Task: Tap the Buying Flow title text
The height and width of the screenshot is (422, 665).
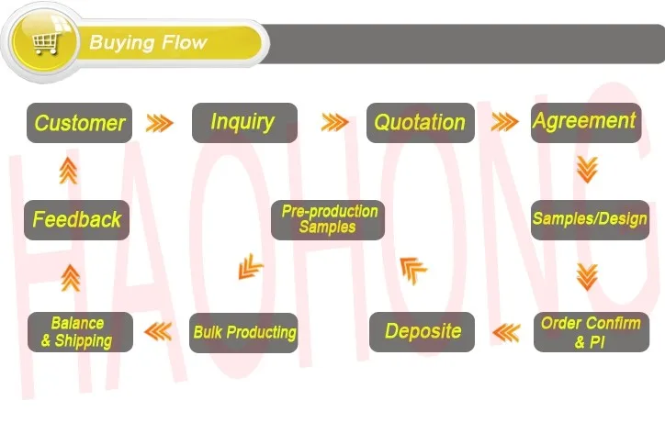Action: (x=148, y=43)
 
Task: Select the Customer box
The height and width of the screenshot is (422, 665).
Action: (x=79, y=123)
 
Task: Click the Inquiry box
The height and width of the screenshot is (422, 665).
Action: (x=244, y=123)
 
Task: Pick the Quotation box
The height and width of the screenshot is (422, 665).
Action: (x=421, y=123)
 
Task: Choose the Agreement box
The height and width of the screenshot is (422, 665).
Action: (x=586, y=123)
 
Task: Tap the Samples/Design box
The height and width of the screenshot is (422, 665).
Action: (x=590, y=220)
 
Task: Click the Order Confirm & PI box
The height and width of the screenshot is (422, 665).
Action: (x=592, y=332)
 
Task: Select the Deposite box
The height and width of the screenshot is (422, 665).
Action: (x=422, y=332)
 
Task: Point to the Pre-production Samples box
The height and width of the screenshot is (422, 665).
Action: (x=328, y=220)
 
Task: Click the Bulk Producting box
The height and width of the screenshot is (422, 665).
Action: (x=243, y=333)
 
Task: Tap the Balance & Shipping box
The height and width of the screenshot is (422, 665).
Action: (x=80, y=332)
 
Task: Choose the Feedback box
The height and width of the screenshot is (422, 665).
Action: (x=77, y=220)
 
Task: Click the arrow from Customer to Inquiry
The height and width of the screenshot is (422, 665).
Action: (x=160, y=123)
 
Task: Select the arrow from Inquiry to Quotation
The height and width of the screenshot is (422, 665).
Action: (x=335, y=122)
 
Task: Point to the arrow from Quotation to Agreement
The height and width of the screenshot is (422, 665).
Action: (x=504, y=122)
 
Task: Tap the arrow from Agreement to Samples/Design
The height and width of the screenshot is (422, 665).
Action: (x=588, y=170)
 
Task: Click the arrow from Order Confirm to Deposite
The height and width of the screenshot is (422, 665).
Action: (x=506, y=333)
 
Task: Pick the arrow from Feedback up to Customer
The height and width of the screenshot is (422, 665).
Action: (x=68, y=171)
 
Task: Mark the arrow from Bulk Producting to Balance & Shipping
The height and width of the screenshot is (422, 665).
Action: (x=158, y=332)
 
